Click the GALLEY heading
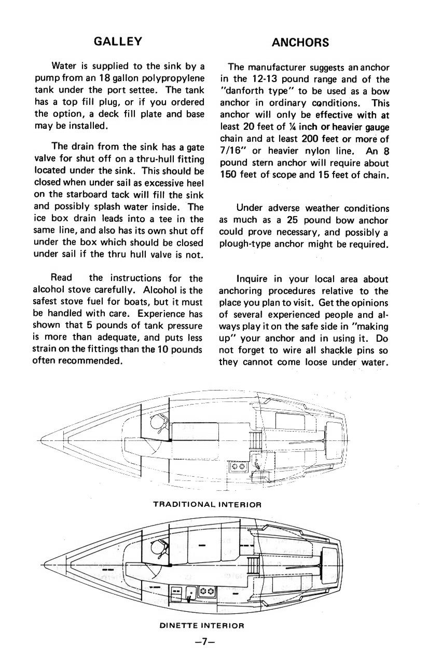118,42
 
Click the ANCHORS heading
300,43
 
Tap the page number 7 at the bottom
204,641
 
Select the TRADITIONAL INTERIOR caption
207,504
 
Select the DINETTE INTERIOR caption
202,626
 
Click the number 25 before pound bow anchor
292,220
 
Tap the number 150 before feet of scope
229,174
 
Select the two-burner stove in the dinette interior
206,591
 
